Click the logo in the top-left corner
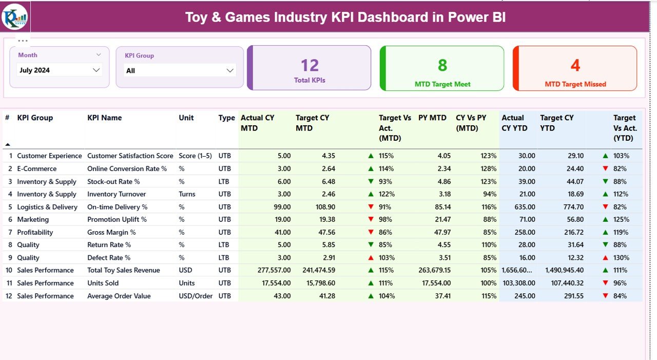(15, 16)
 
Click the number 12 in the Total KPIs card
(310, 66)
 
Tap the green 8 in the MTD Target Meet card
(442, 66)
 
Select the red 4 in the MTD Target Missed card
(575, 66)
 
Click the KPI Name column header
(104, 118)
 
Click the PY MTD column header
(432, 118)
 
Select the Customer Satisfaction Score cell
(130, 156)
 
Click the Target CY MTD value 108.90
(324, 207)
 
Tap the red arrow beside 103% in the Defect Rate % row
(371, 258)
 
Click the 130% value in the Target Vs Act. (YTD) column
(621, 258)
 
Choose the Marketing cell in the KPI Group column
(33, 219)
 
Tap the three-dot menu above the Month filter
(23, 41)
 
